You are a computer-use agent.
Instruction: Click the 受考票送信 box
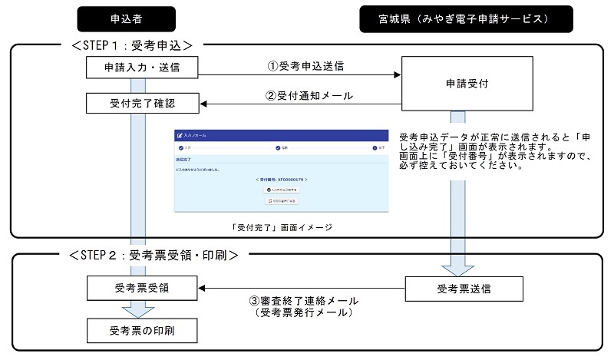(464, 289)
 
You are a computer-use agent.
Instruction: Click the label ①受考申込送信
(305, 66)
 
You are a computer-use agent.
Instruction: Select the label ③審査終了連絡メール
(304, 302)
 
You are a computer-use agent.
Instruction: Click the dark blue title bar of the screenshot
(282, 135)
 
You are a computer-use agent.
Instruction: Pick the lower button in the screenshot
(281, 200)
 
